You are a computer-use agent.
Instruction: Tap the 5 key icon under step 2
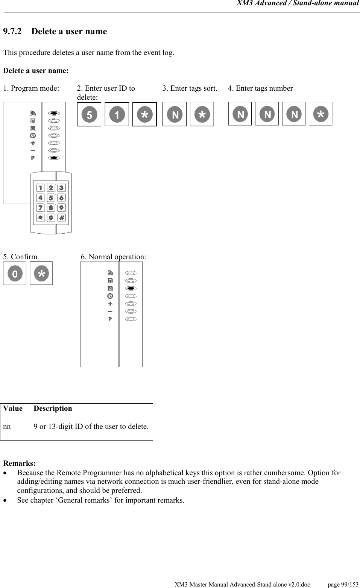pyautogui.click(x=89, y=114)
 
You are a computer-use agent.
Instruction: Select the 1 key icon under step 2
pyautogui.click(x=117, y=114)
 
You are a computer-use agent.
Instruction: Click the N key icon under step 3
pyautogui.click(x=175, y=114)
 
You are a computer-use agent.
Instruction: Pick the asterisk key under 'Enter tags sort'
pyautogui.click(x=202, y=114)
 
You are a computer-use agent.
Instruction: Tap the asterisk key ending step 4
pyautogui.click(x=321, y=114)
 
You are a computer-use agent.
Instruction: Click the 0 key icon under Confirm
pyautogui.click(x=15, y=273)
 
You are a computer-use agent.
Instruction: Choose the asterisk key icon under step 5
pyautogui.click(x=41, y=273)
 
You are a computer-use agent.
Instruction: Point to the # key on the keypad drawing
pyautogui.click(x=61, y=217)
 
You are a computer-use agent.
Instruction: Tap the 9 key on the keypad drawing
pyautogui.click(x=61, y=208)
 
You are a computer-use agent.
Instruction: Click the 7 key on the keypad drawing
pyautogui.click(x=40, y=208)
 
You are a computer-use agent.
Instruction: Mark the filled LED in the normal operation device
pyautogui.click(x=131, y=288)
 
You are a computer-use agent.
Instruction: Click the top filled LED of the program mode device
pyautogui.click(x=54, y=113)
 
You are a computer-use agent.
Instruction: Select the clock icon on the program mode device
pyautogui.click(x=33, y=135)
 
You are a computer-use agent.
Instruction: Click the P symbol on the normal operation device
pyautogui.click(x=110, y=319)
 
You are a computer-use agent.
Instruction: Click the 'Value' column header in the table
pyautogui.click(x=13, y=409)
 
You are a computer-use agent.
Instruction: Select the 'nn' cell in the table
pyautogui.click(x=7, y=427)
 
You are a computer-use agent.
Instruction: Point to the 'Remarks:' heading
pyautogui.click(x=20, y=463)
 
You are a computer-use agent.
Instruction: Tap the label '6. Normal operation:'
pyautogui.click(x=114, y=257)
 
